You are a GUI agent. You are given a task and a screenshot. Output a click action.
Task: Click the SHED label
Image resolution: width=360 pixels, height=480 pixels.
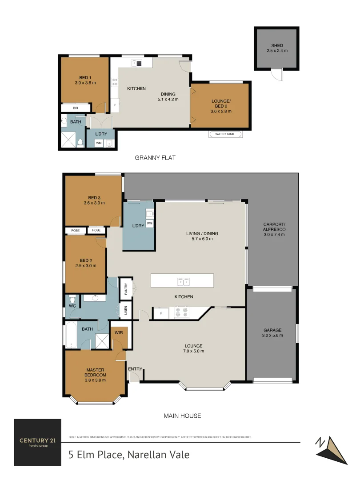click(277, 45)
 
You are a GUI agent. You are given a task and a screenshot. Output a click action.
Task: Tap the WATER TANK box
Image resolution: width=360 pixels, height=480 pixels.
click(225, 134)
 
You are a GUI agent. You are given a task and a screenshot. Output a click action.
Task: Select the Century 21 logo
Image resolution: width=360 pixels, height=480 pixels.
click(37, 442)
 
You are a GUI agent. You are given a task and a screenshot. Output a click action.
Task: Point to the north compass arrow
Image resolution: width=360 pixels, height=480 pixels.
click(331, 449)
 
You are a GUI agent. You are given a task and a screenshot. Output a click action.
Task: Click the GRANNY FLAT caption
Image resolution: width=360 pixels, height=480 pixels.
click(152, 157)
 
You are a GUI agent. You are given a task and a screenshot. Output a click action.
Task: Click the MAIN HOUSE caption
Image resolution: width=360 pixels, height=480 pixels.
click(182, 416)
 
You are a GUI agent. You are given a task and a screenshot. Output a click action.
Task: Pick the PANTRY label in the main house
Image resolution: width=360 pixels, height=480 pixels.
click(126, 289)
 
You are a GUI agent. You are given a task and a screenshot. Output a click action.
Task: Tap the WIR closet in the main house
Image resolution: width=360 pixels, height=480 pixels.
click(119, 332)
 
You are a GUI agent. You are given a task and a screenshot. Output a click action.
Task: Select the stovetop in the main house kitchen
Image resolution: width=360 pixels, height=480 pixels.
click(181, 313)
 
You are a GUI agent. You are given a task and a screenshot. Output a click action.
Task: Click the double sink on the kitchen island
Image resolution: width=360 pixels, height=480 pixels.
click(182, 281)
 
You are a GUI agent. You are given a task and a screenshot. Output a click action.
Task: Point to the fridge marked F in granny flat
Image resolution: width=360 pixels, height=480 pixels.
click(115, 105)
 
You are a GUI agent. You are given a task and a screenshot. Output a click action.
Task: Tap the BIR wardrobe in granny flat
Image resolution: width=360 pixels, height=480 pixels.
click(75, 108)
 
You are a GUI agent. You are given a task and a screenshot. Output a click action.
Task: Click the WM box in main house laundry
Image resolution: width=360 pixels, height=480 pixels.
click(149, 223)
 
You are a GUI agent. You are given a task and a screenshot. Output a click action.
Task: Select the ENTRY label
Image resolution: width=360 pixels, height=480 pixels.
click(135, 369)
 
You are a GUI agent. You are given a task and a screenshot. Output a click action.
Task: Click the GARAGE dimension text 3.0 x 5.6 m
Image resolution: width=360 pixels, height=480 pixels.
click(272, 335)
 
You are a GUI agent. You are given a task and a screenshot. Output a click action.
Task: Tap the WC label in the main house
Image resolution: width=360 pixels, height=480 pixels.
click(72, 306)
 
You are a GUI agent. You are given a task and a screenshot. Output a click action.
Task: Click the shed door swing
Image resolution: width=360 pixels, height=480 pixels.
click(277, 75)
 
